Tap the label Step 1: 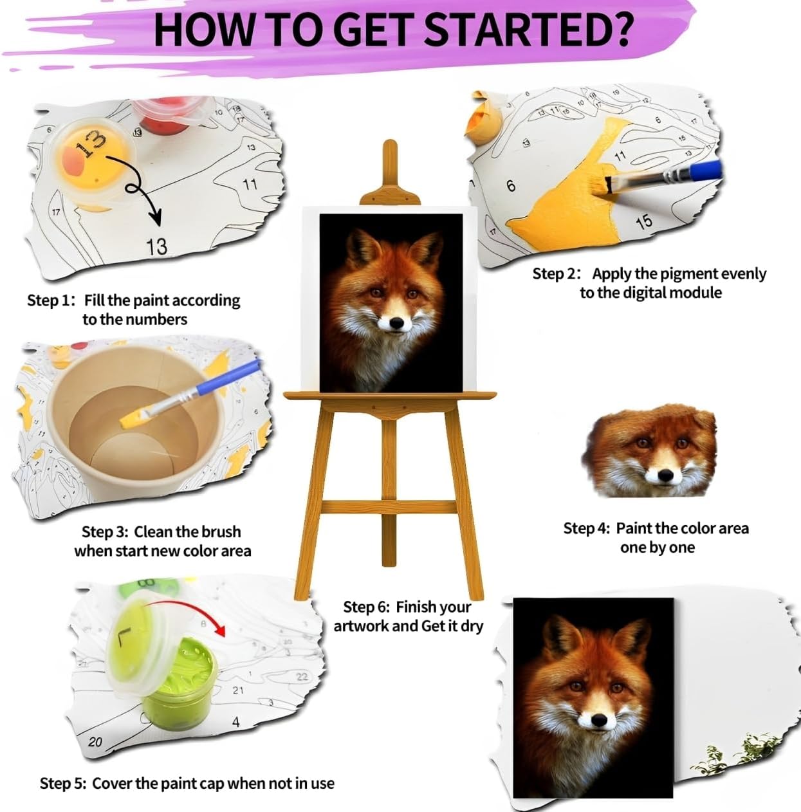click(x=51, y=300)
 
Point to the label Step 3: click(x=104, y=531)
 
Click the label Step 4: click(x=587, y=528)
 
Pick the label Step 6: click(x=366, y=607)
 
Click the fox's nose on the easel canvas click(x=396, y=323)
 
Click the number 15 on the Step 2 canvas click(x=644, y=222)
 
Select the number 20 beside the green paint click(x=95, y=753)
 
